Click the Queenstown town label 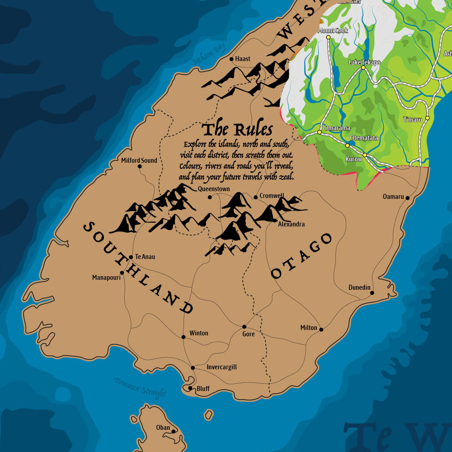click(x=214, y=189)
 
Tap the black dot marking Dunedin click(x=372, y=293)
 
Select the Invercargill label click(x=221, y=367)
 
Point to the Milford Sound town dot click(x=140, y=166)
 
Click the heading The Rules click(x=237, y=130)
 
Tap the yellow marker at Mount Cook click(x=329, y=37)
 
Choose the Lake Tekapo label click(x=364, y=62)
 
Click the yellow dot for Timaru click(x=427, y=118)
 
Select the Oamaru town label click(x=393, y=197)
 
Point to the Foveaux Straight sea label click(x=140, y=387)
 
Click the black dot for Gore click(x=244, y=326)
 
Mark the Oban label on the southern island click(x=163, y=427)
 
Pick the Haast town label click(x=243, y=59)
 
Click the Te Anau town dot click(x=131, y=257)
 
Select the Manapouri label click(x=106, y=277)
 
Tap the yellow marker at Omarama click(x=319, y=132)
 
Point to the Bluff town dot click(x=190, y=388)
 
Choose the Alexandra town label click(x=291, y=224)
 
